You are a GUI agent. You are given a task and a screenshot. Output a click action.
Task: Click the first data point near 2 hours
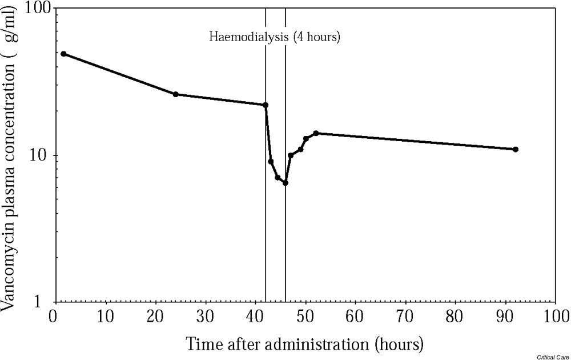tap(63, 54)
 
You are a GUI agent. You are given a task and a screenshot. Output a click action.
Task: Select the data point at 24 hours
tap(175, 94)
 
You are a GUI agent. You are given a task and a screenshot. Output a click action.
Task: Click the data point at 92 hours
tap(516, 149)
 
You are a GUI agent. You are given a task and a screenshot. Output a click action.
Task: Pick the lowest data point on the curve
tap(285, 183)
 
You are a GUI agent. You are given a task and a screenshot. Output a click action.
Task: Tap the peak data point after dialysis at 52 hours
tap(316, 133)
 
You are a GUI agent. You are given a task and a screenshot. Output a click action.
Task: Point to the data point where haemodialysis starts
tap(266, 105)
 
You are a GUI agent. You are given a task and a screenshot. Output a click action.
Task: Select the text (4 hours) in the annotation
tap(316, 38)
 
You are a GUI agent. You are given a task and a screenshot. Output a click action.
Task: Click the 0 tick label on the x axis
tap(54, 317)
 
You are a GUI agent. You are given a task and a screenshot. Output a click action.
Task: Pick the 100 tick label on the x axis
tap(556, 317)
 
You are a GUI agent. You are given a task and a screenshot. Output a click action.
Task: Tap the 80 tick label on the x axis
tap(456, 317)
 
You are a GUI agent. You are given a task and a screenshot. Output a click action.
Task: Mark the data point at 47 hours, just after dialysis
tap(291, 155)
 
